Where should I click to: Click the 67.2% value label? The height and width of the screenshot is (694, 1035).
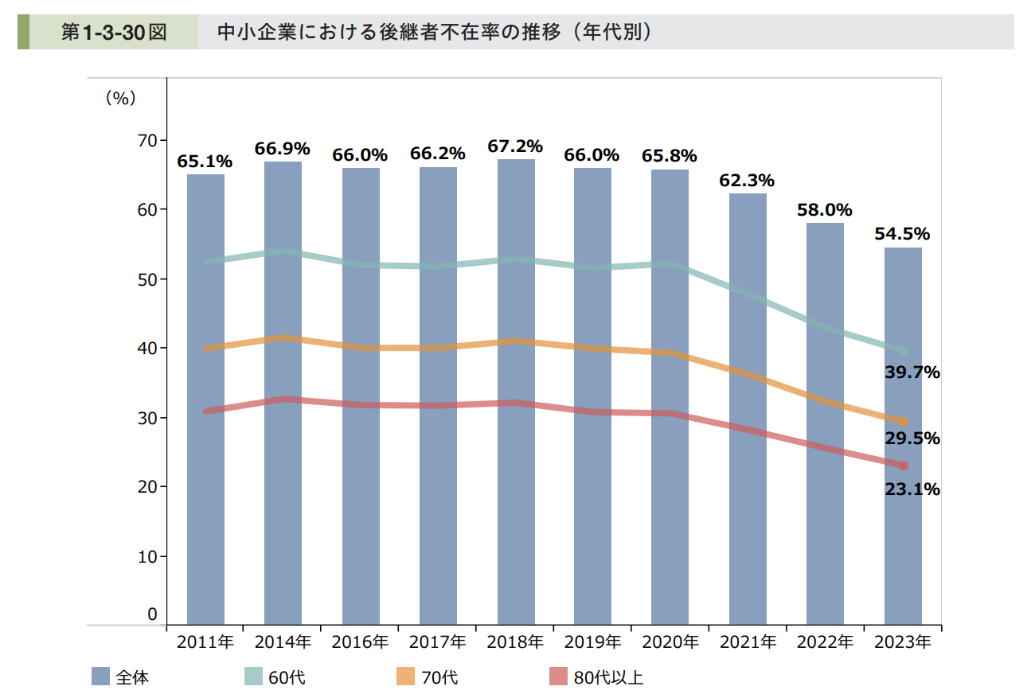516,146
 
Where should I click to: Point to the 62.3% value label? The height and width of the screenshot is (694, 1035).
747,181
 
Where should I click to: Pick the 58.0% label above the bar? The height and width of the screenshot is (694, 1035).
824,210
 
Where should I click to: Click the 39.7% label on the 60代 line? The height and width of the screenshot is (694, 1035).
912,372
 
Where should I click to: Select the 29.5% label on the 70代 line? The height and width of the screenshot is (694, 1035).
912,439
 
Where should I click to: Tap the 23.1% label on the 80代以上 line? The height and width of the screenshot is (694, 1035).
912,489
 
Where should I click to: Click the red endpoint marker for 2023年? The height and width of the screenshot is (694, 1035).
904,466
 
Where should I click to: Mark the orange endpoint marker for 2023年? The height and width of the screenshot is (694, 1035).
904,422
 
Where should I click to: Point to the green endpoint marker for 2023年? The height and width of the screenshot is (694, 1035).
904,351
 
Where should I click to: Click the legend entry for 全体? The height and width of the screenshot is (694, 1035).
120,677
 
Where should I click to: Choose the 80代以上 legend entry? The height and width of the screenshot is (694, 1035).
596,677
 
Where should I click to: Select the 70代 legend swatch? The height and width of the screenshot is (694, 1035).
406,677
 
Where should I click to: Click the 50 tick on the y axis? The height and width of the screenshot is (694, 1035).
147,279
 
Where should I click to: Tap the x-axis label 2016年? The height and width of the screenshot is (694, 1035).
361,642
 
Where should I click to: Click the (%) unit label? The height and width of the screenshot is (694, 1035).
121,99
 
